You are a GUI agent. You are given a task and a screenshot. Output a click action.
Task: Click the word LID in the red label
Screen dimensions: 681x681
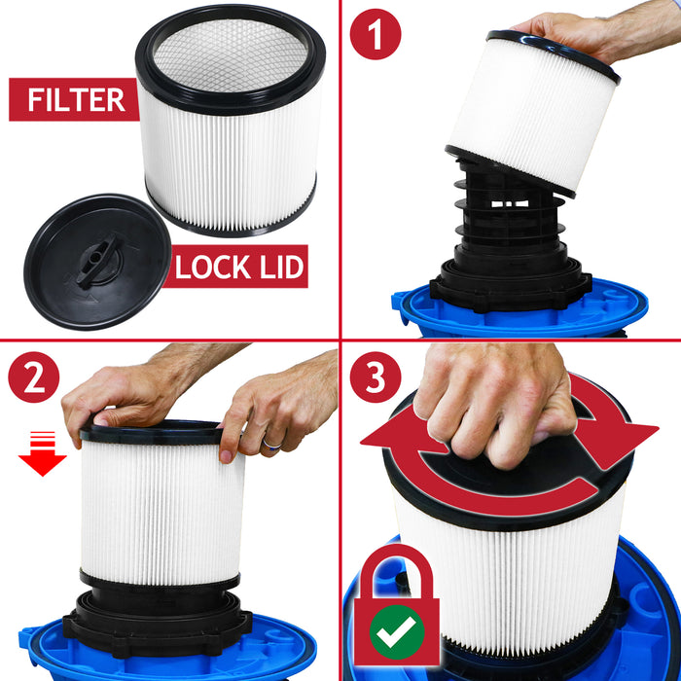click(x=277, y=266)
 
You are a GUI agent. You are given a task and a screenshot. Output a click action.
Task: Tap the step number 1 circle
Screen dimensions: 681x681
click(x=376, y=37)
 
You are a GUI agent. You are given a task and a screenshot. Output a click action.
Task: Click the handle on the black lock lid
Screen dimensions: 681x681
click(x=98, y=261)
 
